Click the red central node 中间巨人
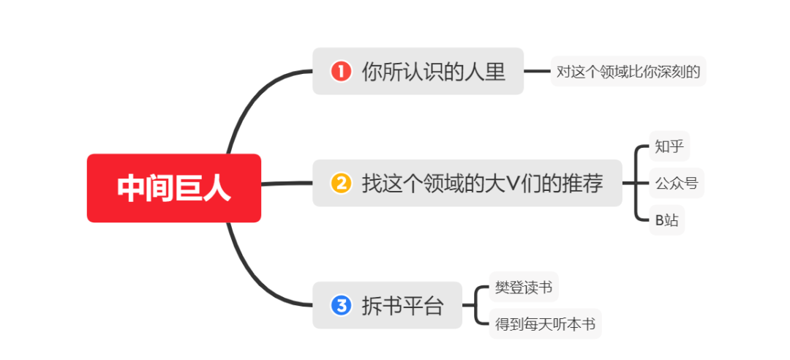(174, 188)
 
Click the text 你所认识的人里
(433, 72)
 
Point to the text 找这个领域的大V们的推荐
(482, 183)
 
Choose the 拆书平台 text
(402, 305)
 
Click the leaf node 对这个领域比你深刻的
(628, 72)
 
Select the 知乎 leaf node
(669, 146)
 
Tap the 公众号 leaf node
(677, 183)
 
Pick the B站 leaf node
(666, 220)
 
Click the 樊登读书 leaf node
(523, 287)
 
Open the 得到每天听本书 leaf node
(545, 323)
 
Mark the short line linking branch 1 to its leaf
(537, 71)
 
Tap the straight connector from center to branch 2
(287, 183)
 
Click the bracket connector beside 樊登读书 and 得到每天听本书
(477, 305)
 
